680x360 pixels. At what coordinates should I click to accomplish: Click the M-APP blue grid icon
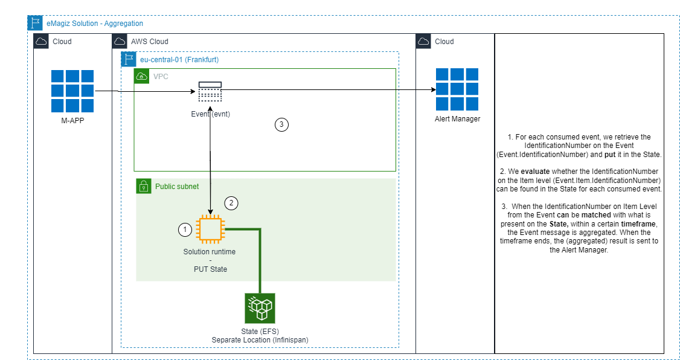coord(72,92)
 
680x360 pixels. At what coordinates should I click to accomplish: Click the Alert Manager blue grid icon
coord(457,89)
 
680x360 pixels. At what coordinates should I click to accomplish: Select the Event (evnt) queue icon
coord(210,91)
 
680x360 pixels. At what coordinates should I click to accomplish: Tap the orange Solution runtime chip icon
coord(210,230)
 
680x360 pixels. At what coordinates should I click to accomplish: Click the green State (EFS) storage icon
coord(260,309)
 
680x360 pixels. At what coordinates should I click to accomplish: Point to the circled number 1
coord(185,230)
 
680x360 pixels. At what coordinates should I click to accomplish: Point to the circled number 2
coord(231,204)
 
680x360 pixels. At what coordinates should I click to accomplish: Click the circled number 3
coord(281,125)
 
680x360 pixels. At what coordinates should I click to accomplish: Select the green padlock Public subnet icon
coord(144,187)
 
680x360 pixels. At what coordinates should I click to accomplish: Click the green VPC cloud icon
coord(141,77)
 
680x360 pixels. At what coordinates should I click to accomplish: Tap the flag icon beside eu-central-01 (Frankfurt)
coord(129,59)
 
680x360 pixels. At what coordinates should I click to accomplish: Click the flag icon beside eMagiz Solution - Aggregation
coord(36,24)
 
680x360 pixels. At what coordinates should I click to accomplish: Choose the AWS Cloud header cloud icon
coord(120,42)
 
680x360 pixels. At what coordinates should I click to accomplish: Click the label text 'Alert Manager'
coord(457,119)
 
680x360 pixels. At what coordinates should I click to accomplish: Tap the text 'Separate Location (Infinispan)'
coord(260,340)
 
